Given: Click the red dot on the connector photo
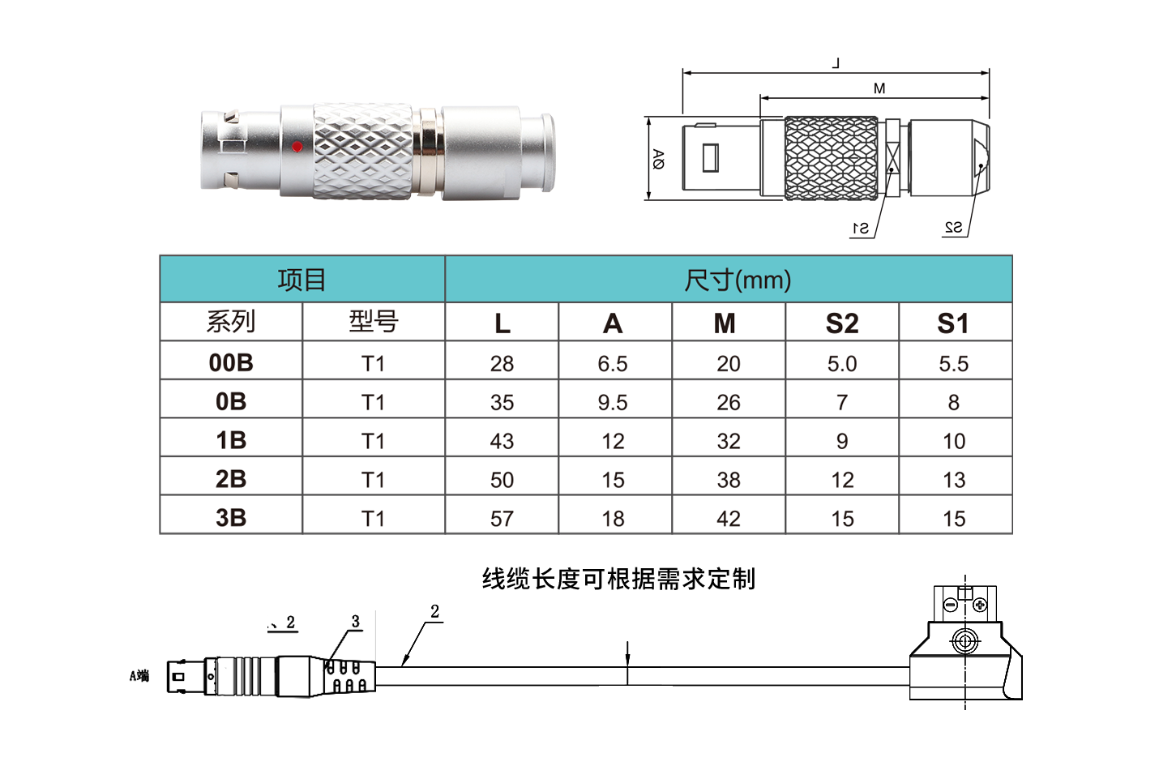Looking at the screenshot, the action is click(297, 147).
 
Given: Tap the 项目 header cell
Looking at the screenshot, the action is click(302, 280).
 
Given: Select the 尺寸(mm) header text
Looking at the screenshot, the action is click(738, 280).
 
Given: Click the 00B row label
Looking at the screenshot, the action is click(231, 362).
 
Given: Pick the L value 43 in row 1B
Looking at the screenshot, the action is click(502, 441).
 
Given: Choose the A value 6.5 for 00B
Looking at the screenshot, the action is click(613, 363).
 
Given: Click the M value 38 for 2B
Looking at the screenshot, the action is click(729, 480).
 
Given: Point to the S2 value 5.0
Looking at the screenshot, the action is click(842, 363).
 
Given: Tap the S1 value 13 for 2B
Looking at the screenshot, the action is click(954, 480).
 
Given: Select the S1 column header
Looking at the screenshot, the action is click(952, 323).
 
